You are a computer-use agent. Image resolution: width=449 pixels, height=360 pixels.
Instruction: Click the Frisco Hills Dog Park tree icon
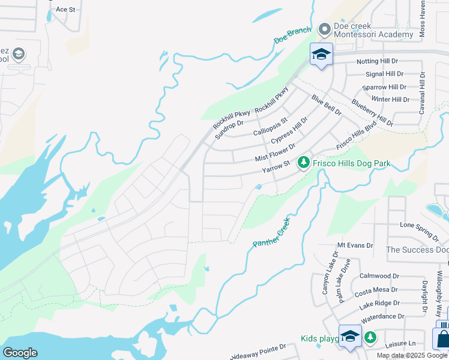[304, 163]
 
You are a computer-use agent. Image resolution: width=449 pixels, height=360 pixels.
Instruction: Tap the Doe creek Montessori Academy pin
[325, 29]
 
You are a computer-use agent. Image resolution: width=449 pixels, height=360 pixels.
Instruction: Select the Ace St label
[65, 10]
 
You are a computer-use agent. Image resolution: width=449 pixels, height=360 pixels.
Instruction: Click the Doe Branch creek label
[292, 35]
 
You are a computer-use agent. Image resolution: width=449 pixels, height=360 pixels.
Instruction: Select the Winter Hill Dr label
[390, 99]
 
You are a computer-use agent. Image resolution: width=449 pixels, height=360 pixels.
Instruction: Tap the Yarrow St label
[276, 167]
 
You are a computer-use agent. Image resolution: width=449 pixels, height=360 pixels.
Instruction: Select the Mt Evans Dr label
[355, 245]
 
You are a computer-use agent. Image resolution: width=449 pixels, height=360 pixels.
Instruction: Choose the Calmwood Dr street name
[379, 276]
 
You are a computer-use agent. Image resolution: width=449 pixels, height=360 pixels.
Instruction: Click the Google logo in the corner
[20, 352]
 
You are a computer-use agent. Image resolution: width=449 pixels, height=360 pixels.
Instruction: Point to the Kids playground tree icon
[370, 338]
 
